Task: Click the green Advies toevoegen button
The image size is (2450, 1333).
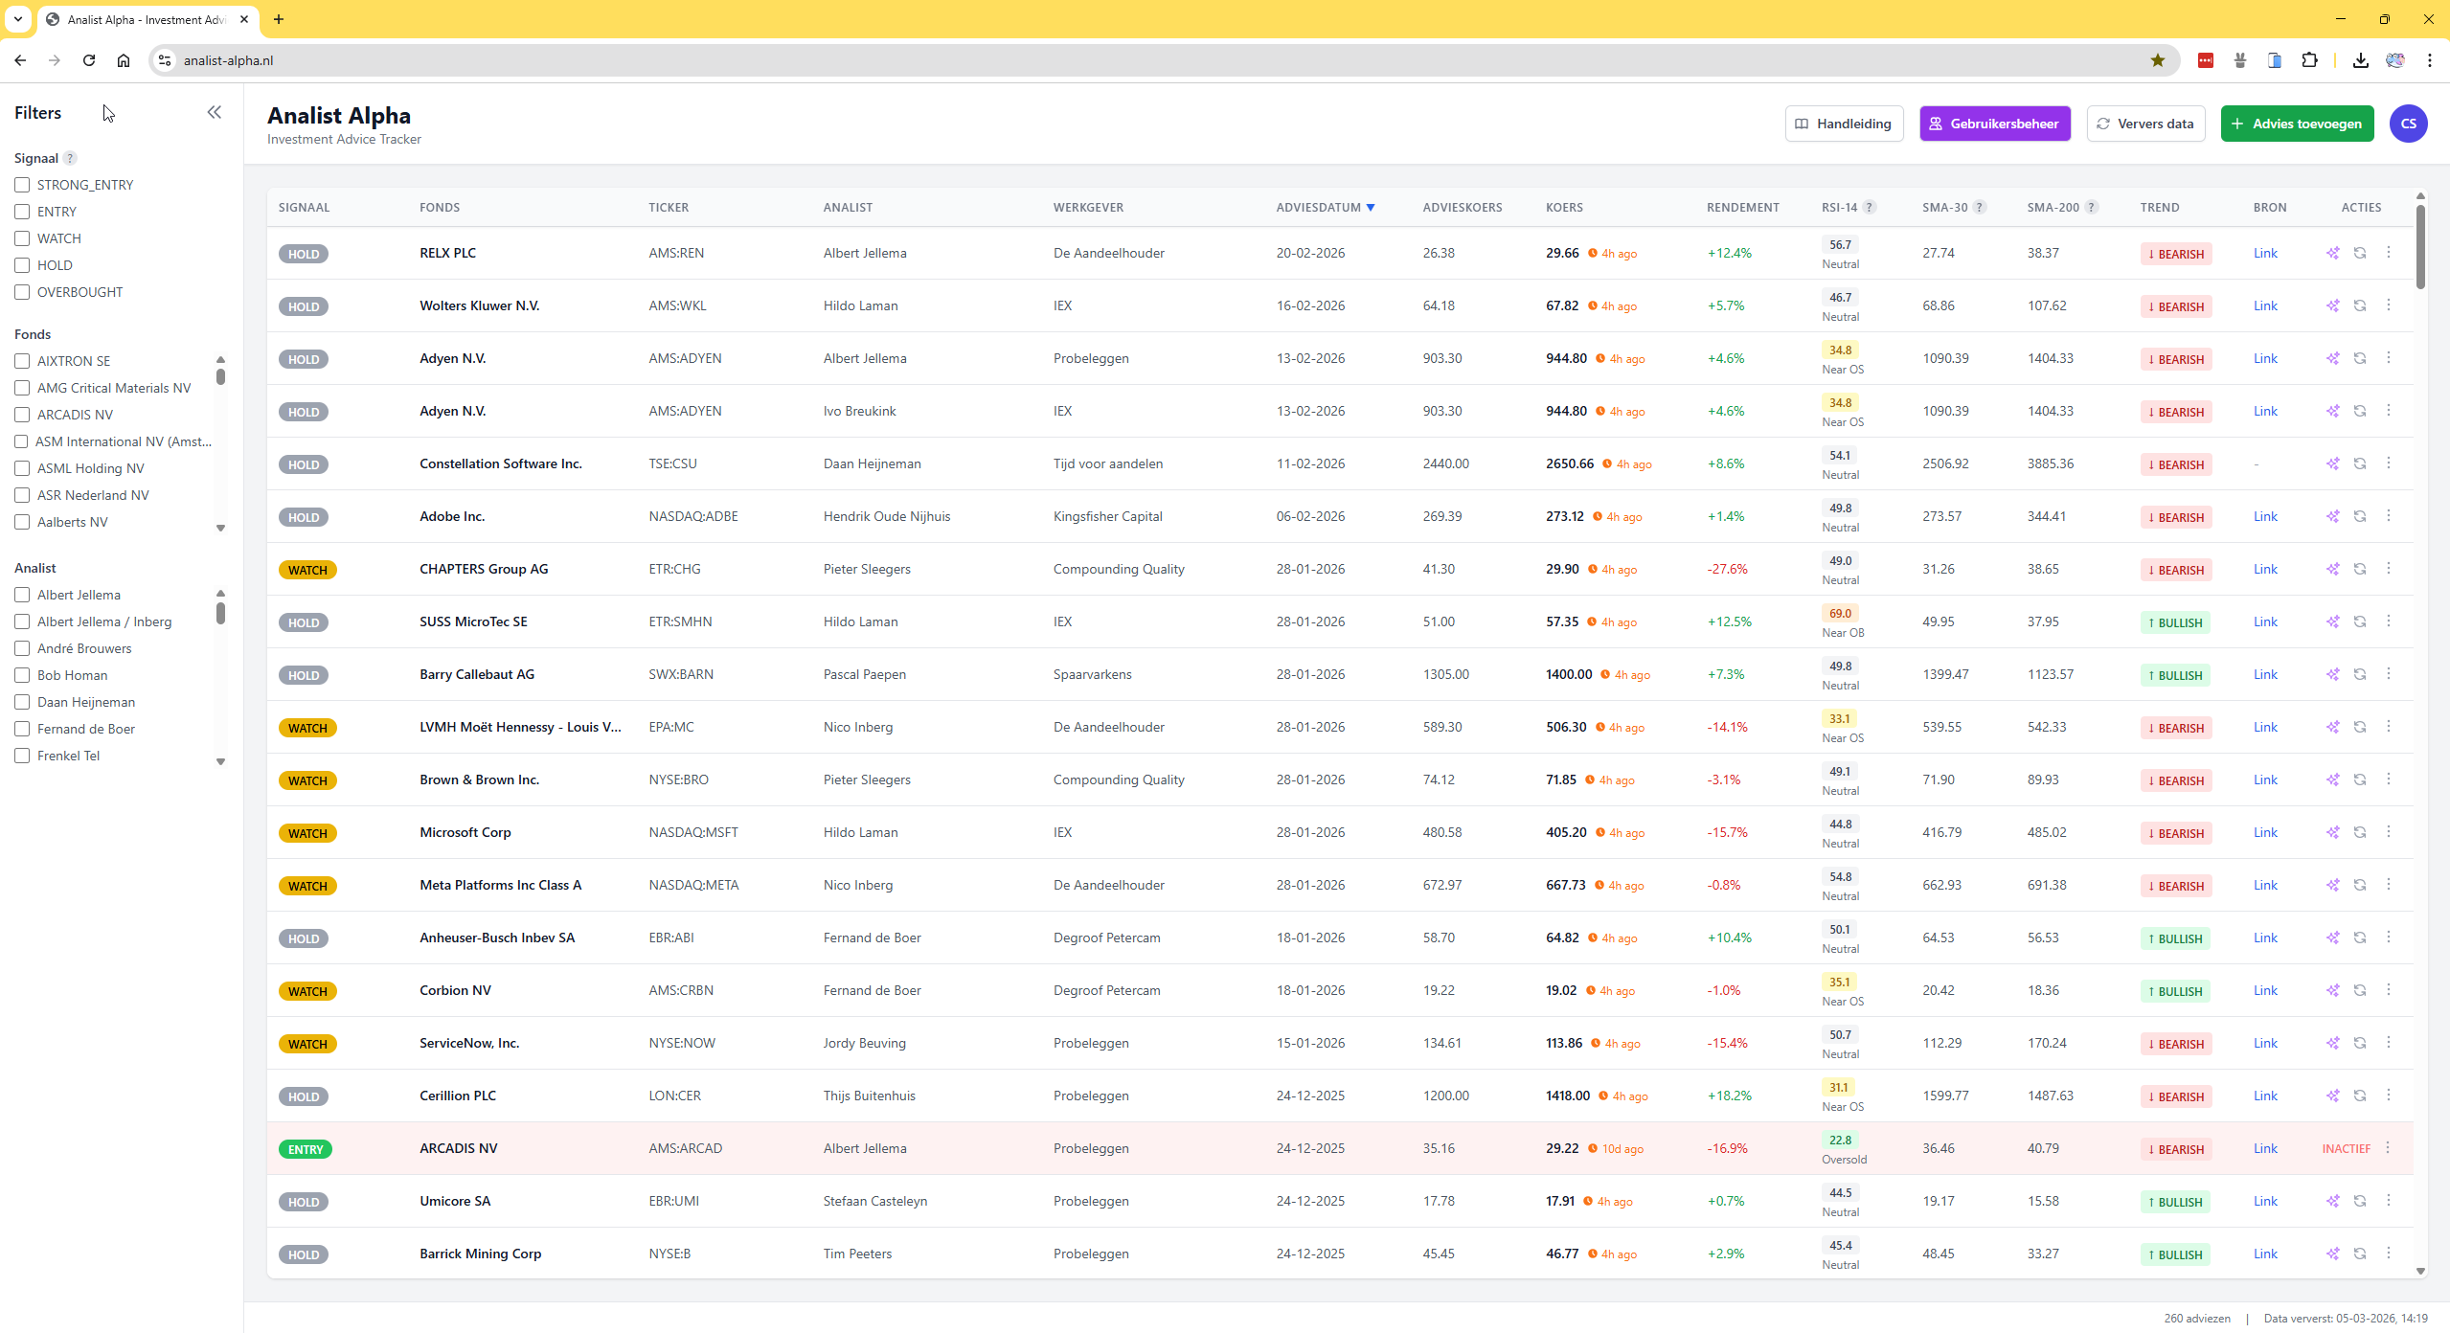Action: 2296,124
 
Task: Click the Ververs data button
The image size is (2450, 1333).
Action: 2144,124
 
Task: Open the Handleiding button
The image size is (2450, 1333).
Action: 1844,124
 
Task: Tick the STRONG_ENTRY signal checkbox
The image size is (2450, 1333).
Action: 22,185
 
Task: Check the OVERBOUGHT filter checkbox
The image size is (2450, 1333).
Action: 22,292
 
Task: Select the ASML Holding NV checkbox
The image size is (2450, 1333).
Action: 22,468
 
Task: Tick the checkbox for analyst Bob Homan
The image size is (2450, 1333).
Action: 22,675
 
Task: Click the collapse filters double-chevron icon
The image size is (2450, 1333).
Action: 215,112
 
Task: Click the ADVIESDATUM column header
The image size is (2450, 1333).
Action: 1318,207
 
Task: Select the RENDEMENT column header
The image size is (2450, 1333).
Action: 1742,207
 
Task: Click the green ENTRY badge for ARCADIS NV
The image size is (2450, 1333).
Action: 306,1149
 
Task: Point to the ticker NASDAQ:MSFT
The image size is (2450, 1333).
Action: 693,832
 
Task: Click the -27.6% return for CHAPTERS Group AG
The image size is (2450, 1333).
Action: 1727,569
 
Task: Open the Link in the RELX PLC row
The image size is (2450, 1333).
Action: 2264,253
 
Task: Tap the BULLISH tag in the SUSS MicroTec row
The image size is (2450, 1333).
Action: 2175,622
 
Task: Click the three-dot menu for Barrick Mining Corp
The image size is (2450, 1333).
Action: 2388,1253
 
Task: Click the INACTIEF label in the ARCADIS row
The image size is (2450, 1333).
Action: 2346,1148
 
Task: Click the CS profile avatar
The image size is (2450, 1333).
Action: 2407,124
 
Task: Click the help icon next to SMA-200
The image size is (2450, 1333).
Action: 2092,207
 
